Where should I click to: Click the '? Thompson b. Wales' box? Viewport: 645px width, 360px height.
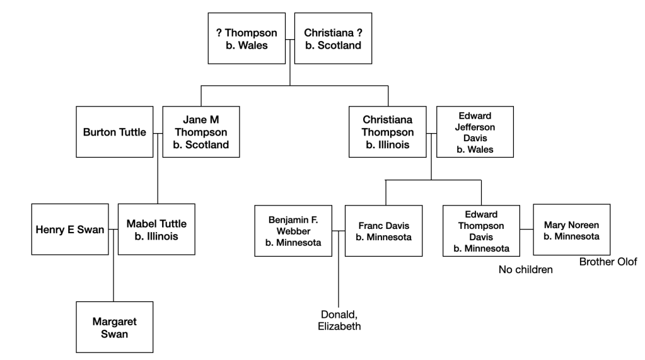[x=247, y=40]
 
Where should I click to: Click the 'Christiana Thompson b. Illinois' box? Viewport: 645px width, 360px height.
[x=388, y=132]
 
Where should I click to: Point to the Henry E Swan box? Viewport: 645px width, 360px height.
[x=69, y=228]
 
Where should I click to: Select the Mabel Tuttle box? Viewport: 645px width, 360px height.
[x=157, y=228]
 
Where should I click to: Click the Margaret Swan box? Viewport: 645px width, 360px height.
[x=114, y=327]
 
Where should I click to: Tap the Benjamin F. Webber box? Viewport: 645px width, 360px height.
[x=293, y=231]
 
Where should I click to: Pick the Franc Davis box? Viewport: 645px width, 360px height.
[x=383, y=231]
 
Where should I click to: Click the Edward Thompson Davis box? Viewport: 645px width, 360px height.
[x=481, y=231]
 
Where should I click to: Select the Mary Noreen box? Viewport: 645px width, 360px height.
[x=571, y=229]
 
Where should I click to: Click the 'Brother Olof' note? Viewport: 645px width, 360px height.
[x=608, y=262]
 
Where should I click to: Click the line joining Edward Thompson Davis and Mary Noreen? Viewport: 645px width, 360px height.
[x=526, y=229]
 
